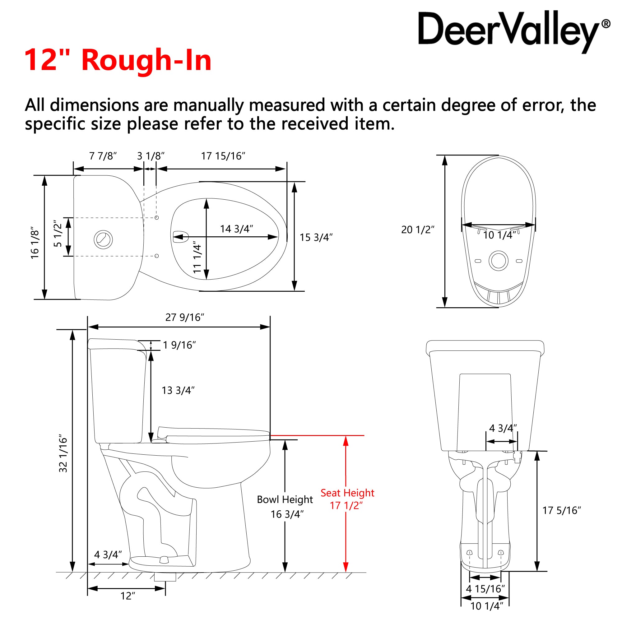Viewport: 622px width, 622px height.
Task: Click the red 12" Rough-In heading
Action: coord(118,60)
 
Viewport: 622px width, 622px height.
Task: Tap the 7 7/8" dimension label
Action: coord(103,156)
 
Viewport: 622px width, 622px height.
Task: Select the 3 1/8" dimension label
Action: coord(151,156)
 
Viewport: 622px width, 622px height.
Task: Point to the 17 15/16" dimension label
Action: coord(223,156)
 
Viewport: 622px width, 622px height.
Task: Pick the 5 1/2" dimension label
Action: coord(58,234)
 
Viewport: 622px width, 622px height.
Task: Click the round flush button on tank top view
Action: coord(103,239)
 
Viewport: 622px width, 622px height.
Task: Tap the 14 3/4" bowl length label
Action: coord(236,229)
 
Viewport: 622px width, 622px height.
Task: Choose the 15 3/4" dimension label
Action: coord(316,237)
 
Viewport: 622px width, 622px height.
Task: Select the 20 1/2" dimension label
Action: coord(418,230)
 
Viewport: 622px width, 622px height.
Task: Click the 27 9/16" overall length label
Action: coord(184,318)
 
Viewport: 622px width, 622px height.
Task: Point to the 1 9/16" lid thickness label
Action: coord(179,345)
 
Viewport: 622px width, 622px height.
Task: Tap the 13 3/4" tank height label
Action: coord(178,390)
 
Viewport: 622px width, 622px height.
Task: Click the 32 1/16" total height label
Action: coord(63,454)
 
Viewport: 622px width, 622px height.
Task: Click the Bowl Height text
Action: coord(285,499)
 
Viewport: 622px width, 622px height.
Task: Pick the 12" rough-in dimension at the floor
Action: coord(128,596)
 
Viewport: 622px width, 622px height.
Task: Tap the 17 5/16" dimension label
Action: coord(561,510)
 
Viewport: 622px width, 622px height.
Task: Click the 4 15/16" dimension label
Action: coord(485,589)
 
